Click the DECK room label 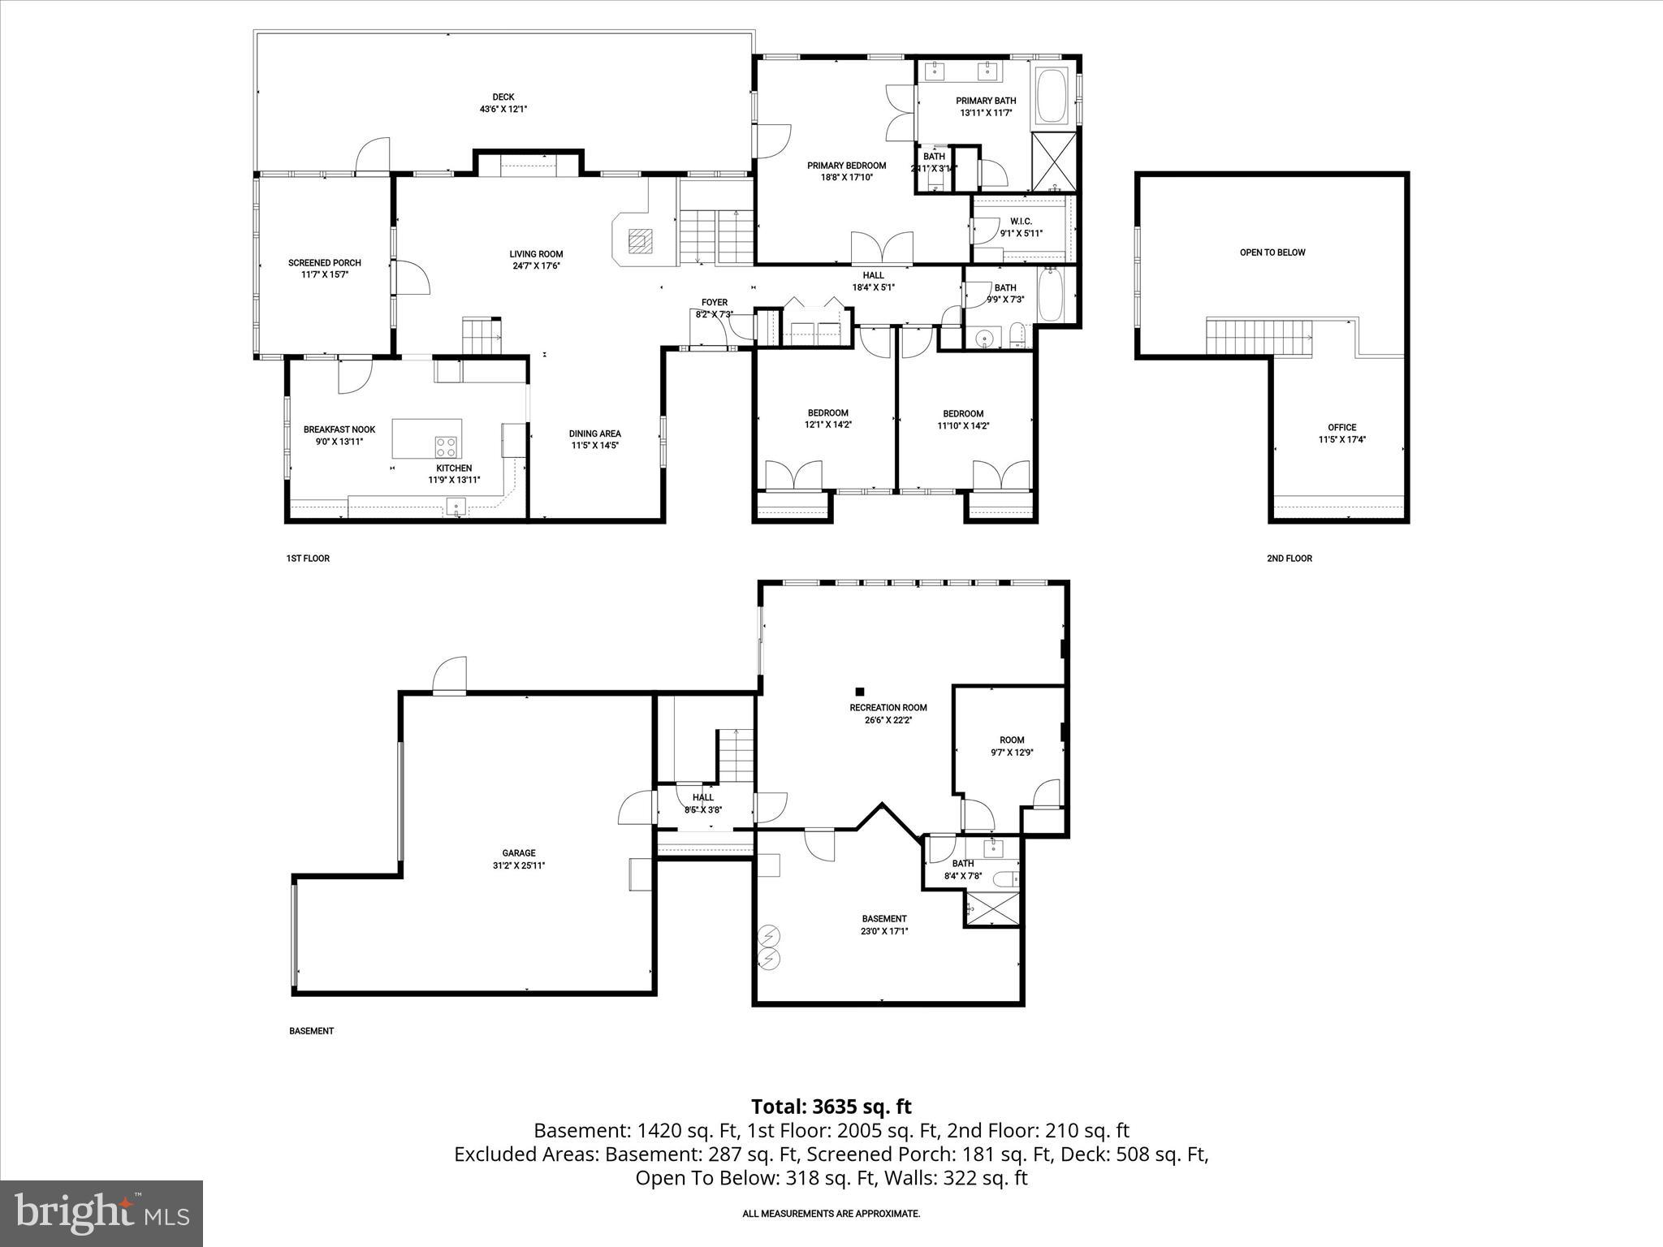(x=503, y=97)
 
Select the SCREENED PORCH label (x=324, y=263)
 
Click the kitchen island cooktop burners (x=446, y=447)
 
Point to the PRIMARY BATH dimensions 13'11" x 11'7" (x=986, y=113)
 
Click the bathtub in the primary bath (x=1052, y=98)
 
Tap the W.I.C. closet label (x=1021, y=222)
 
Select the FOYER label (x=715, y=303)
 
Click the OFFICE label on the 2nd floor (x=1341, y=428)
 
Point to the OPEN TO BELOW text (x=1272, y=252)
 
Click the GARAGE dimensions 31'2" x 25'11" (x=518, y=865)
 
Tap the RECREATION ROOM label (x=888, y=708)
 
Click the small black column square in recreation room (x=860, y=692)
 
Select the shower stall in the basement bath (x=992, y=908)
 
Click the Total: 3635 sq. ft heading (x=831, y=1107)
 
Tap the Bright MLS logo (x=102, y=1213)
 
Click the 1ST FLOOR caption (x=308, y=559)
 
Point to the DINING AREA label (x=594, y=434)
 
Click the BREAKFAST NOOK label (x=339, y=429)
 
